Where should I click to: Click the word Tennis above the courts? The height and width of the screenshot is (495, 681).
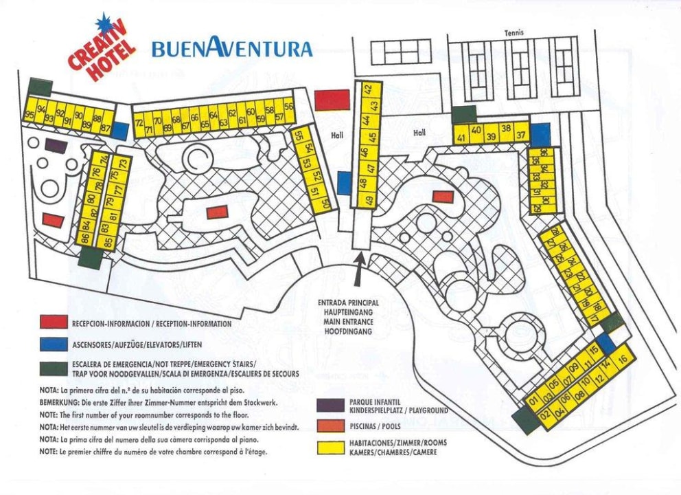point(513,33)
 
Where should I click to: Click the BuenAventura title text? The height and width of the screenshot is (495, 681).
point(232,48)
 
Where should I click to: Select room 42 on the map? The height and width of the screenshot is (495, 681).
point(368,89)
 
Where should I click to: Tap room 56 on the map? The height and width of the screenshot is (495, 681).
point(288,107)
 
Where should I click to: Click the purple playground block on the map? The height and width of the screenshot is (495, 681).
point(56,146)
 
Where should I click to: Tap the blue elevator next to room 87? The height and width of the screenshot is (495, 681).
point(120,131)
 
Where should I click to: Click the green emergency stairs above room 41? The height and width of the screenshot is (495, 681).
point(464,114)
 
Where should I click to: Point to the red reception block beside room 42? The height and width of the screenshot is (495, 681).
point(332,100)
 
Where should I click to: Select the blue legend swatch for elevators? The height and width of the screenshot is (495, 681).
point(52,344)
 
